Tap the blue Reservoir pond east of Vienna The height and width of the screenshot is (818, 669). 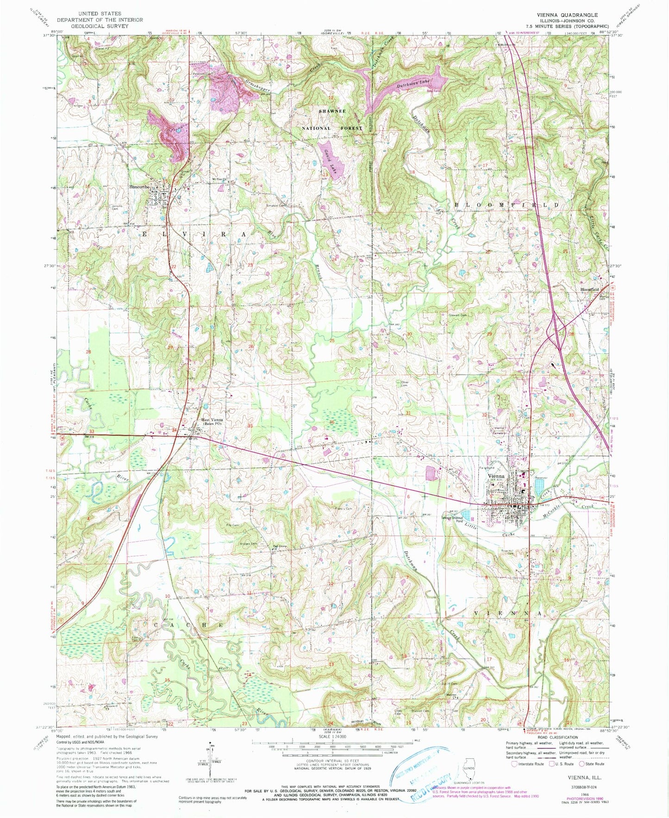click(540, 488)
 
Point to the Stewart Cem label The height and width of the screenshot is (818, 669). click(457, 316)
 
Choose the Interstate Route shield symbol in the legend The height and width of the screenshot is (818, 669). click(514, 764)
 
